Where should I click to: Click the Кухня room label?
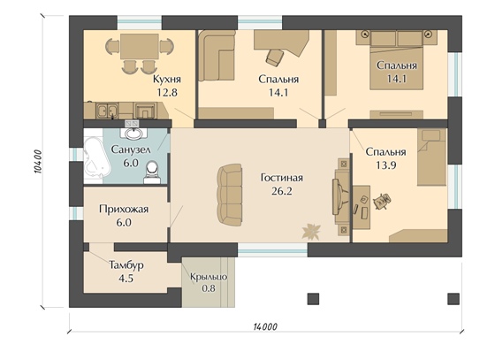click(167, 79)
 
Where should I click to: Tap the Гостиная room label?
click(282, 178)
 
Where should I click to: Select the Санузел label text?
click(131, 149)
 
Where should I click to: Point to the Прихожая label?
click(124, 209)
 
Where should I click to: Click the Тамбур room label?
click(126, 265)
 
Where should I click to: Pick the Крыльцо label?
click(209, 277)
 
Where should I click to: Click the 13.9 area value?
click(385, 165)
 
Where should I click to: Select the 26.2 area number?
click(282, 191)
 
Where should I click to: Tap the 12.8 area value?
click(167, 92)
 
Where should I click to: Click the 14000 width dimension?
click(265, 326)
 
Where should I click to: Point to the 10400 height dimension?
click(37, 162)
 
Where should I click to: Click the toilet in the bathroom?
click(152, 172)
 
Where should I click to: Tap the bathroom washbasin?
click(133, 134)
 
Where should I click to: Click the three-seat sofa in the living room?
click(230, 195)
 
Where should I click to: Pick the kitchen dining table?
click(140, 46)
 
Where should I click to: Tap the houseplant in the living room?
click(311, 231)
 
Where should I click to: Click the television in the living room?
click(339, 196)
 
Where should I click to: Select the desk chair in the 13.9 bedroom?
click(382, 201)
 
